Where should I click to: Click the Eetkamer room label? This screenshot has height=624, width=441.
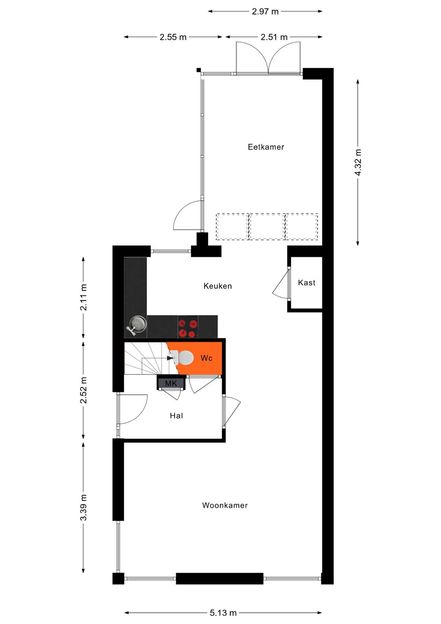pos(266,147)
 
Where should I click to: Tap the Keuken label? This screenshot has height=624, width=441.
pos(218,286)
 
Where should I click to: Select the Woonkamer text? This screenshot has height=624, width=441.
pos(225,505)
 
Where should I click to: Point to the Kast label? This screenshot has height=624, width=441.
pos(307,283)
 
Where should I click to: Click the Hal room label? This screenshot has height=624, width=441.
pos(176,416)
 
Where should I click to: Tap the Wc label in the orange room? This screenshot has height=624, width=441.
pos(207,358)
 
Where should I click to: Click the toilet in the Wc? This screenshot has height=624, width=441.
pos(184,358)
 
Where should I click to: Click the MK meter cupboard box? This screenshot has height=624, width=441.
pos(171,383)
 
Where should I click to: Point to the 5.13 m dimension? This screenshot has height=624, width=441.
pos(223,613)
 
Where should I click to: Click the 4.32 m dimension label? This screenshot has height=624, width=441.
pos(358,163)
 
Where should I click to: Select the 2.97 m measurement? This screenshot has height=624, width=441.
pos(265,11)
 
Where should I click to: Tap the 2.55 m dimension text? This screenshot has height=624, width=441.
pos(173,37)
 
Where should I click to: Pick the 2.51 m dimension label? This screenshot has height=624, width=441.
pos(274,37)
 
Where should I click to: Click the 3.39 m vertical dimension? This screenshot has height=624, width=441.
pos(83,508)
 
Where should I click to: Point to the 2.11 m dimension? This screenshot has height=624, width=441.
pos(83,297)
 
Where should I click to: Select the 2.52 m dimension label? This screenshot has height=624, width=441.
pos(83,390)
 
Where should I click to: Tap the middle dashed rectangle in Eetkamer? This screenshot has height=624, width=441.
pos(267,226)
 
